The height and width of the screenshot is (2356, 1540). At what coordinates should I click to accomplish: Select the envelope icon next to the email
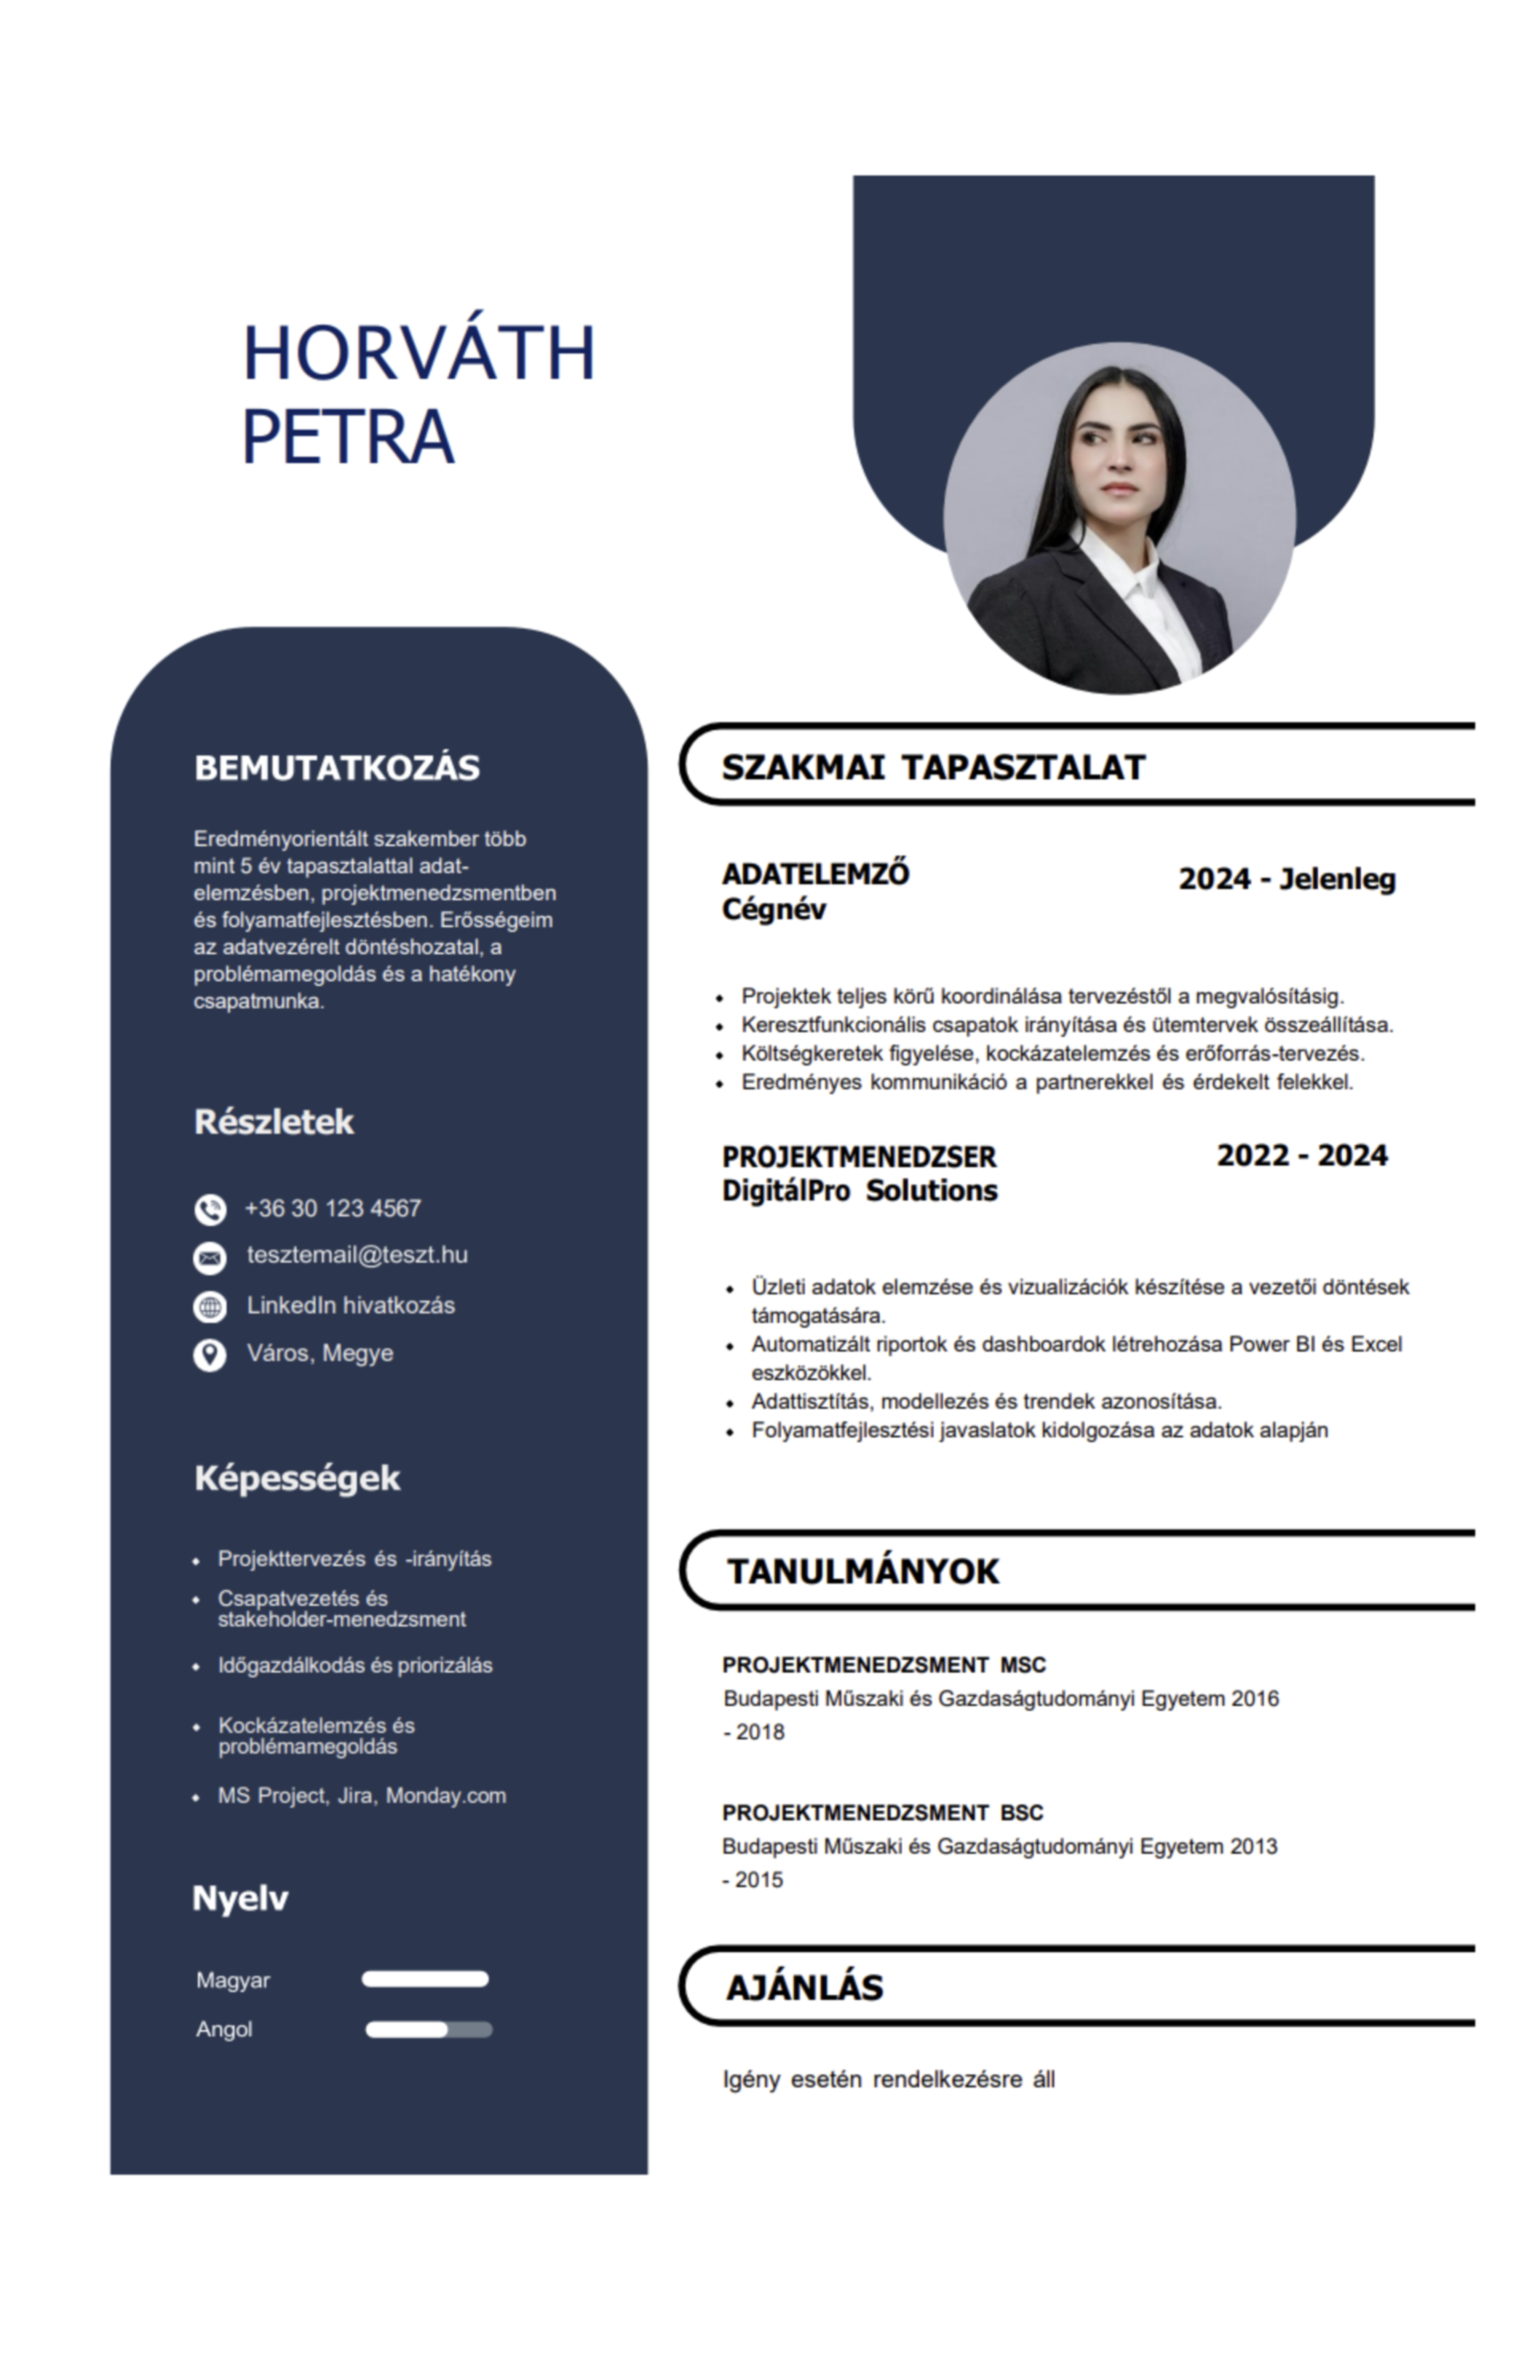coord(210,1257)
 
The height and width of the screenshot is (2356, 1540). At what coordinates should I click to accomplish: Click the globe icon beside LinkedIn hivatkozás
coord(210,1307)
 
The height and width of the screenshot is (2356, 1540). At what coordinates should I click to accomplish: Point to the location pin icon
coord(210,1354)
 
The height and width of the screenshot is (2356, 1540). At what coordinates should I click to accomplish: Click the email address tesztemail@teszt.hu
coord(357,1255)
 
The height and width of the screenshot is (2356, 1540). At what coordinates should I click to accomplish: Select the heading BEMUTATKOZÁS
coord(336,768)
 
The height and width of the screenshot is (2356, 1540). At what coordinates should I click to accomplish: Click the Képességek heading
coord(297,1479)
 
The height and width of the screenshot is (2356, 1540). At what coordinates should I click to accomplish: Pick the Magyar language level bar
coord(424,1980)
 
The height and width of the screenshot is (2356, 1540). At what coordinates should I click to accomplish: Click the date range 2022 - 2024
coord(1301,1156)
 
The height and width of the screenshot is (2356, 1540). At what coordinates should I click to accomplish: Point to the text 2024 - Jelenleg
coord(1287,879)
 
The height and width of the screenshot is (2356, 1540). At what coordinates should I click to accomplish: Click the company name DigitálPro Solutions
coord(859,1191)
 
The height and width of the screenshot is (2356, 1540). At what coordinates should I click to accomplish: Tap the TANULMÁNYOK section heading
coord(862,1572)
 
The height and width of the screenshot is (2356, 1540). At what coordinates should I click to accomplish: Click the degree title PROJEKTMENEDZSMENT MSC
coord(884,1665)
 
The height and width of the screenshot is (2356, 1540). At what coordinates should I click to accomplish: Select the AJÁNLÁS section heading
coord(803,1988)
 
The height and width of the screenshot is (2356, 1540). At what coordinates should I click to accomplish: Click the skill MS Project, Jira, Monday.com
coord(361,1795)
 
